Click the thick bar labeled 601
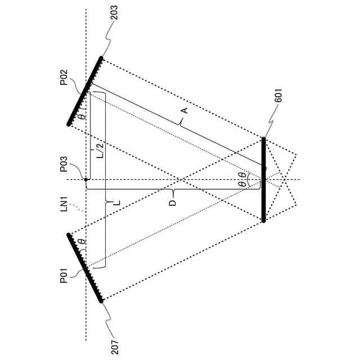(x=263, y=179)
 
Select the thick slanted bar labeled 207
(x=85, y=268)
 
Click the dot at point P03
(x=86, y=179)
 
